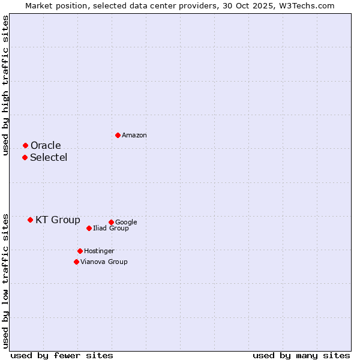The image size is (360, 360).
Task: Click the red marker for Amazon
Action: (118, 135)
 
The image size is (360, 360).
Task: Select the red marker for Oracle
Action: (25, 145)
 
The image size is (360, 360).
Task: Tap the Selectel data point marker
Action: (25, 157)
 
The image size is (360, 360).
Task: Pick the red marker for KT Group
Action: (30, 220)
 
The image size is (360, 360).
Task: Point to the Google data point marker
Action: (111, 222)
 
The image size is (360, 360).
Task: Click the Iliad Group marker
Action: (89, 228)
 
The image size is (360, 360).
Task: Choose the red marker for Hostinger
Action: (80, 251)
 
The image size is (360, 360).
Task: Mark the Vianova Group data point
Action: (76, 262)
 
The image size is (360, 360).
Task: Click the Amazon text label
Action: (134, 136)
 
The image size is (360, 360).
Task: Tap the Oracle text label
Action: (46, 146)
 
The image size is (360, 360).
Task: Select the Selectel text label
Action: (49, 158)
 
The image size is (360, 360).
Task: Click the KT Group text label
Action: (58, 220)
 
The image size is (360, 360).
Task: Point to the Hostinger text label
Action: (99, 251)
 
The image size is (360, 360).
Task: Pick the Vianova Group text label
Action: (104, 262)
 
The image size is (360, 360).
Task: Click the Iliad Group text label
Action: (111, 229)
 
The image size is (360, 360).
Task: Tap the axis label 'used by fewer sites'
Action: (62, 355)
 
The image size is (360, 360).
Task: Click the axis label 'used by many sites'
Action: (301, 355)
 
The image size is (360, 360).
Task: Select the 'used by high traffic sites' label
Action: (5, 85)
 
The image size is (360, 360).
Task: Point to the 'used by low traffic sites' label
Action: (5, 280)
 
